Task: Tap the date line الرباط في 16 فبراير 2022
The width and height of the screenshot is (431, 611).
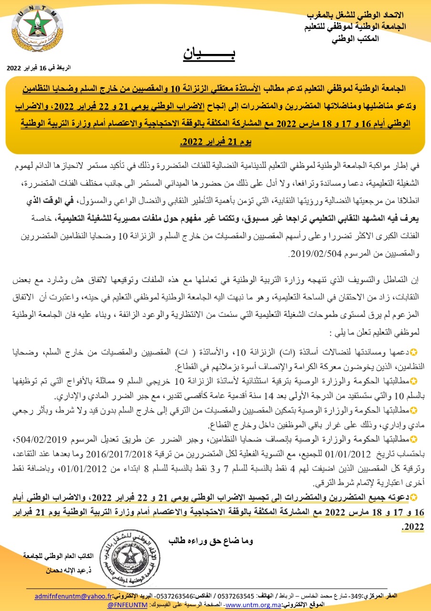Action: pyautogui.click(x=39, y=68)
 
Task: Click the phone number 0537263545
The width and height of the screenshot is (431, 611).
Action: pyautogui.click(x=237, y=596)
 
